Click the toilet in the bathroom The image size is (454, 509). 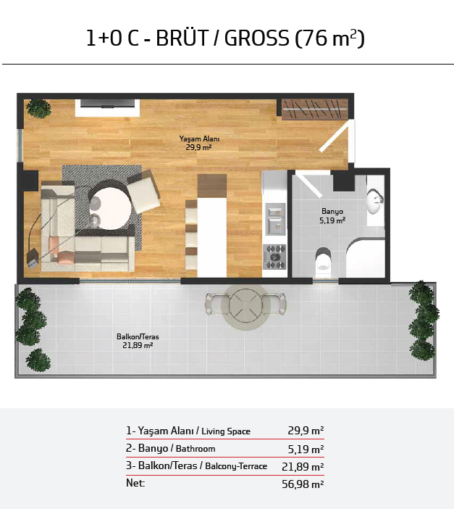coord(324,259)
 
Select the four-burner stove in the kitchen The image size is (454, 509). coord(274,257)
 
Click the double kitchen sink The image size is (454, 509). coord(275,219)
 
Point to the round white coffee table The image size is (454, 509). coord(110,208)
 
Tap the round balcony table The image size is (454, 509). coord(245,306)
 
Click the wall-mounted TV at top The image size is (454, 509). coord(107,104)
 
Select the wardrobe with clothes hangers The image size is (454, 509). coord(314,109)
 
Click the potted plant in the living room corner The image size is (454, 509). coord(38,109)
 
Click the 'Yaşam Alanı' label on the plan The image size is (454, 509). coord(199,139)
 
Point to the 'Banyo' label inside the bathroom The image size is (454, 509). coord(332,211)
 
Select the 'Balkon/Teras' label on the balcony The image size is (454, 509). coord(138,336)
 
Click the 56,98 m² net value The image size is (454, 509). coord(303,484)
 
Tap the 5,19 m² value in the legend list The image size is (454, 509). coord(306,449)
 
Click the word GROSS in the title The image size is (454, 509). coord(256,38)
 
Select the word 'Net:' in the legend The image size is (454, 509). coord(135,483)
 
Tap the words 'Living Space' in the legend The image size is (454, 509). coord(226,431)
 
